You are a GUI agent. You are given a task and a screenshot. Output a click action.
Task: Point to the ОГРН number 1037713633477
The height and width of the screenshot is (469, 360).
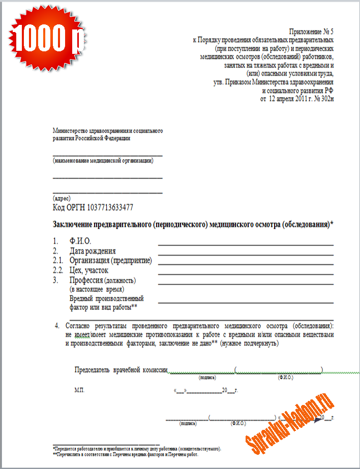tap(110, 207)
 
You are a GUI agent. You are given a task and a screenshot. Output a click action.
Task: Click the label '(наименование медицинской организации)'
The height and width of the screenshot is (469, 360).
tap(103, 161)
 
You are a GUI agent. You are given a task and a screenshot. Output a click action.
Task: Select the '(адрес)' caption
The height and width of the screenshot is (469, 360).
tap(62, 198)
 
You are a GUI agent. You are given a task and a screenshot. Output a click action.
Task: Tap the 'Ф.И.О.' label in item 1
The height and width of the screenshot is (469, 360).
tap(80, 241)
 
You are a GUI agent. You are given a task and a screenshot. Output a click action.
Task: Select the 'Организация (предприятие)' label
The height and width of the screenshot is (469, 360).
tap(110, 261)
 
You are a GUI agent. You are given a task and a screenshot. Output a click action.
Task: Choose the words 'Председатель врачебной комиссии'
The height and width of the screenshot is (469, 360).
tap(121, 370)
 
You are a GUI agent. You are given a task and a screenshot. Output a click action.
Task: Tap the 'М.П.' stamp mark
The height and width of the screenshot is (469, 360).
tap(79, 390)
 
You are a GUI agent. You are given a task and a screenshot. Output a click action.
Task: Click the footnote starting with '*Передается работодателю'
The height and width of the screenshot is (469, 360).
tap(137, 449)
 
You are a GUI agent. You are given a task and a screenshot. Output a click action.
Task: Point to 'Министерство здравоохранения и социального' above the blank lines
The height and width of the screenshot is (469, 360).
tap(108, 131)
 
